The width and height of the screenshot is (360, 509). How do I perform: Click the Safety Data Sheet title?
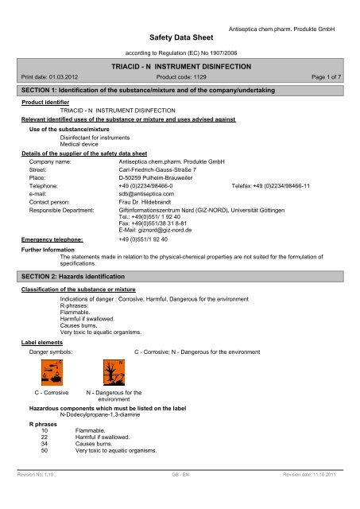(x=180, y=36)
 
